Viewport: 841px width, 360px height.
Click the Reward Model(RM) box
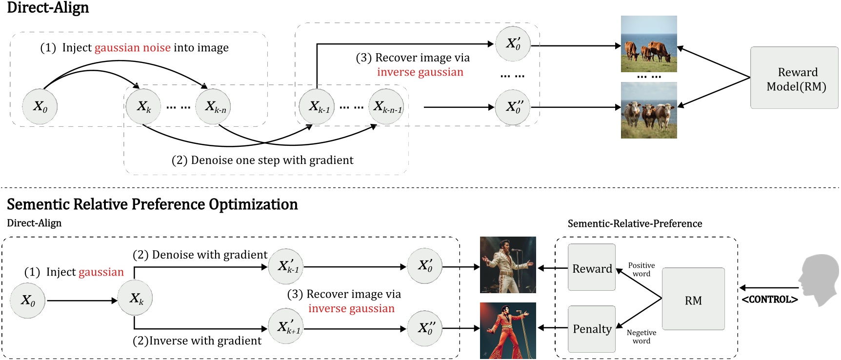click(794, 78)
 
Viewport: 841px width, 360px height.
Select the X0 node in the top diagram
click(40, 107)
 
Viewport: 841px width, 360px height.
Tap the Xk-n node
click(213, 107)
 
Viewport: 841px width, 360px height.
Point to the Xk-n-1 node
click(386, 107)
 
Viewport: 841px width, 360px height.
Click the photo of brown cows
click(649, 44)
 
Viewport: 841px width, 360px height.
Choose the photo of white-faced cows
click(649, 110)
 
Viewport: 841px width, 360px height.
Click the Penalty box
click(592, 329)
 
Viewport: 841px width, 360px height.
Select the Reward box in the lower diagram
click(592, 268)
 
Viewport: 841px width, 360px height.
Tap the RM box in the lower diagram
click(693, 299)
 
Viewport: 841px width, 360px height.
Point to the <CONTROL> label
click(770, 300)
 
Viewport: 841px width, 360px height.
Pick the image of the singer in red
click(508, 331)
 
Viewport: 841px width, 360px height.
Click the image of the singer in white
click(508, 265)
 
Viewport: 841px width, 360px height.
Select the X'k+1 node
click(286, 326)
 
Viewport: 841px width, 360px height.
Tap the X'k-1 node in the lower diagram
click(286, 266)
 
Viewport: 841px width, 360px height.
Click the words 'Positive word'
click(641, 269)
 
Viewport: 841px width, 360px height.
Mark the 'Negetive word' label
click(641, 337)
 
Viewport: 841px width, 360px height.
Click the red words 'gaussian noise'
click(132, 48)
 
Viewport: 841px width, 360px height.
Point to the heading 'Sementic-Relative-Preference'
click(635, 223)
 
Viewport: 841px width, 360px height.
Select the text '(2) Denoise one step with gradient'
click(262, 160)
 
